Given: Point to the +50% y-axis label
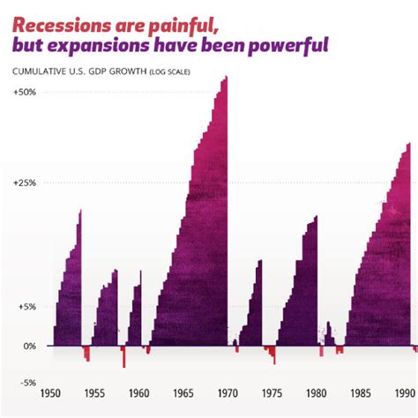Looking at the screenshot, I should click(25, 92).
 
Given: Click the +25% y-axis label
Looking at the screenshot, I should click(25, 183).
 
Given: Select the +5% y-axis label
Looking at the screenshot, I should click(26, 308).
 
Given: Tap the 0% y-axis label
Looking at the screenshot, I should click(29, 346).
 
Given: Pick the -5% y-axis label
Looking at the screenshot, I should click(26, 383).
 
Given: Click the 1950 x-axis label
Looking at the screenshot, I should click(51, 393).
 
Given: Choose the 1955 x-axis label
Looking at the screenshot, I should click(95, 393).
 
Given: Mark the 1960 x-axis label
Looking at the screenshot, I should click(139, 393).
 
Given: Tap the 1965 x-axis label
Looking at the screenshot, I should click(184, 393).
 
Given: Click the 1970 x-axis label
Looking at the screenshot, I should click(228, 393).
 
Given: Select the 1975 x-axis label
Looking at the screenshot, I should click(272, 393).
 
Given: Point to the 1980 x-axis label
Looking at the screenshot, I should click(317, 393).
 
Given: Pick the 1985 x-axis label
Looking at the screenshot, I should click(361, 393).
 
